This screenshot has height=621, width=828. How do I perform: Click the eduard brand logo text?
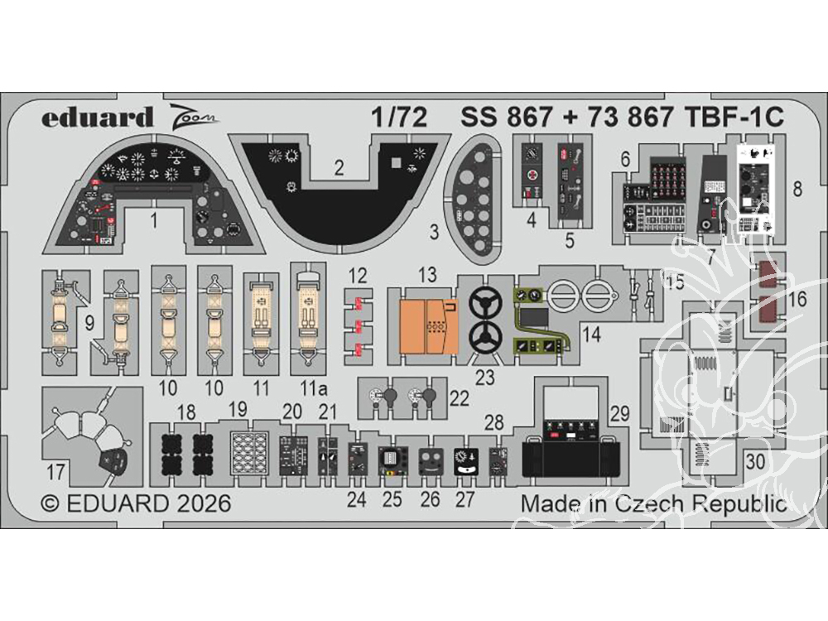pos(85,118)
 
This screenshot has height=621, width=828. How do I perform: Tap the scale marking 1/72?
pos(401,118)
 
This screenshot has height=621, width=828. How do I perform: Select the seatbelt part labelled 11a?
pos(307,319)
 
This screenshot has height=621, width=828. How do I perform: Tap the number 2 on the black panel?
pos(339,168)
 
